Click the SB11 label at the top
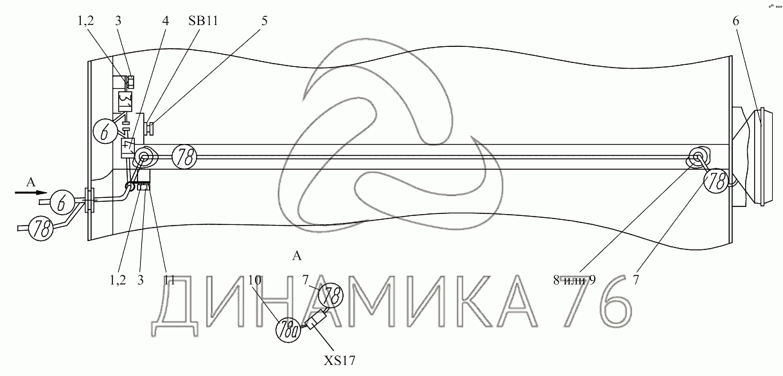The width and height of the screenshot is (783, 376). pos(203,21)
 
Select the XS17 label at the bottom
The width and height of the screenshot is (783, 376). pos(339,361)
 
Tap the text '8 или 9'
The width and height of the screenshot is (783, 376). pos(574,280)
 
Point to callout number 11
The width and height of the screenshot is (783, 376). pos(169,280)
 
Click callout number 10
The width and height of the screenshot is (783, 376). pos(255,280)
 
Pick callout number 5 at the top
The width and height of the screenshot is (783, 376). pos(264,21)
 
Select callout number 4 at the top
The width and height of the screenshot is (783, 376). pos(165,21)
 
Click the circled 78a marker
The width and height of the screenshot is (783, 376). pos(288,330)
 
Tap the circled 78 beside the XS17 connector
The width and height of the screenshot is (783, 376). pos(331,295)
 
